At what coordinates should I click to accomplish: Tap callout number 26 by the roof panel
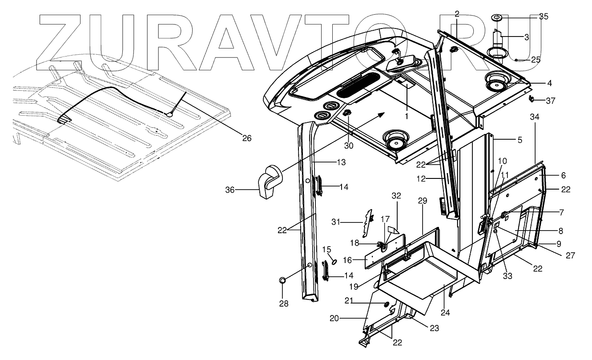click(x=246, y=138)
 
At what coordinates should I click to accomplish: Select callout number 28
click(x=283, y=304)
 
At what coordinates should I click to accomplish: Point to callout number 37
click(x=550, y=101)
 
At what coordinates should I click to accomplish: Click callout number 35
click(x=544, y=17)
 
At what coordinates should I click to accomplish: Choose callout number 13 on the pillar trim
click(x=341, y=163)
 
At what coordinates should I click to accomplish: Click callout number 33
click(x=507, y=276)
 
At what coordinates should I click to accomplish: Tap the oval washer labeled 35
click(x=496, y=17)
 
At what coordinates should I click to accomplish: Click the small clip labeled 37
click(x=531, y=99)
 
